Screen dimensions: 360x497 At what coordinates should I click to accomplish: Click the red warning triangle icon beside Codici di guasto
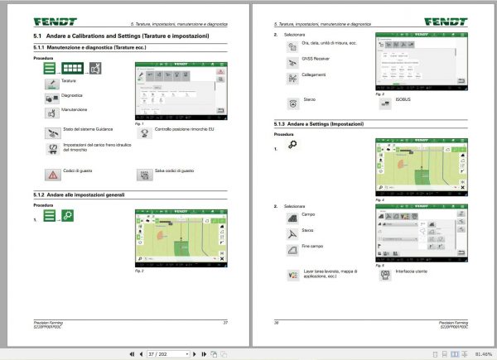point(52,175)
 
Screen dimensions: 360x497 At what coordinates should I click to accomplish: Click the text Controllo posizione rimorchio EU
point(185,130)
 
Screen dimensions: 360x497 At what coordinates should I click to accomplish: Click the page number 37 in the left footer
point(224,321)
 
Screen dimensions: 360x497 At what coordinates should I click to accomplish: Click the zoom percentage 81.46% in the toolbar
point(484,353)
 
